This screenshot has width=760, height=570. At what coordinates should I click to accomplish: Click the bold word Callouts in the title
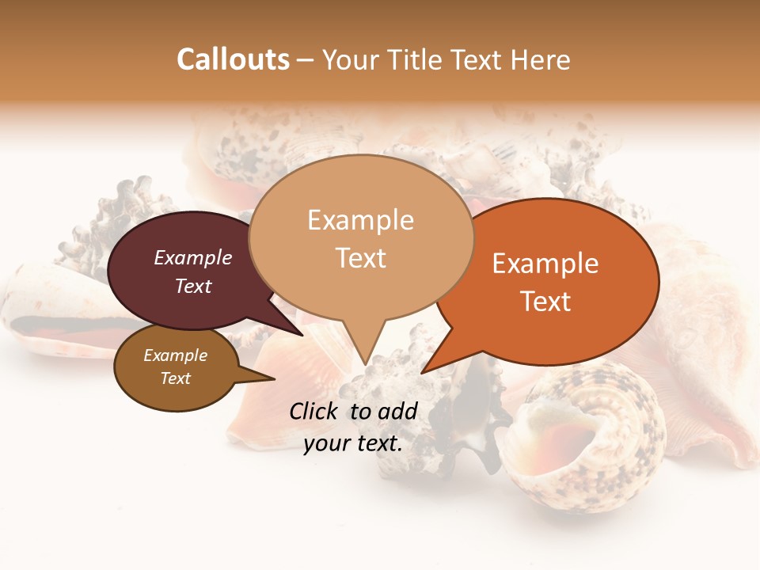[x=233, y=59]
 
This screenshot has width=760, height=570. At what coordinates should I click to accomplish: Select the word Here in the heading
[x=541, y=59]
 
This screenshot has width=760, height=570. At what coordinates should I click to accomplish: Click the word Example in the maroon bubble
[x=192, y=257]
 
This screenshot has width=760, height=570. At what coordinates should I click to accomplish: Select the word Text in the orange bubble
[x=546, y=302]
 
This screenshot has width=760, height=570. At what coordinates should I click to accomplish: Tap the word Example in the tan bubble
[x=360, y=220]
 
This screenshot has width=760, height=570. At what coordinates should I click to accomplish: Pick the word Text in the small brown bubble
[x=176, y=378]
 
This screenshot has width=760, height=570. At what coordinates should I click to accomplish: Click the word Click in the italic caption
[x=315, y=411]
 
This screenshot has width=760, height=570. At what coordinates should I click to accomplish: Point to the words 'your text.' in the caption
[x=353, y=443]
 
